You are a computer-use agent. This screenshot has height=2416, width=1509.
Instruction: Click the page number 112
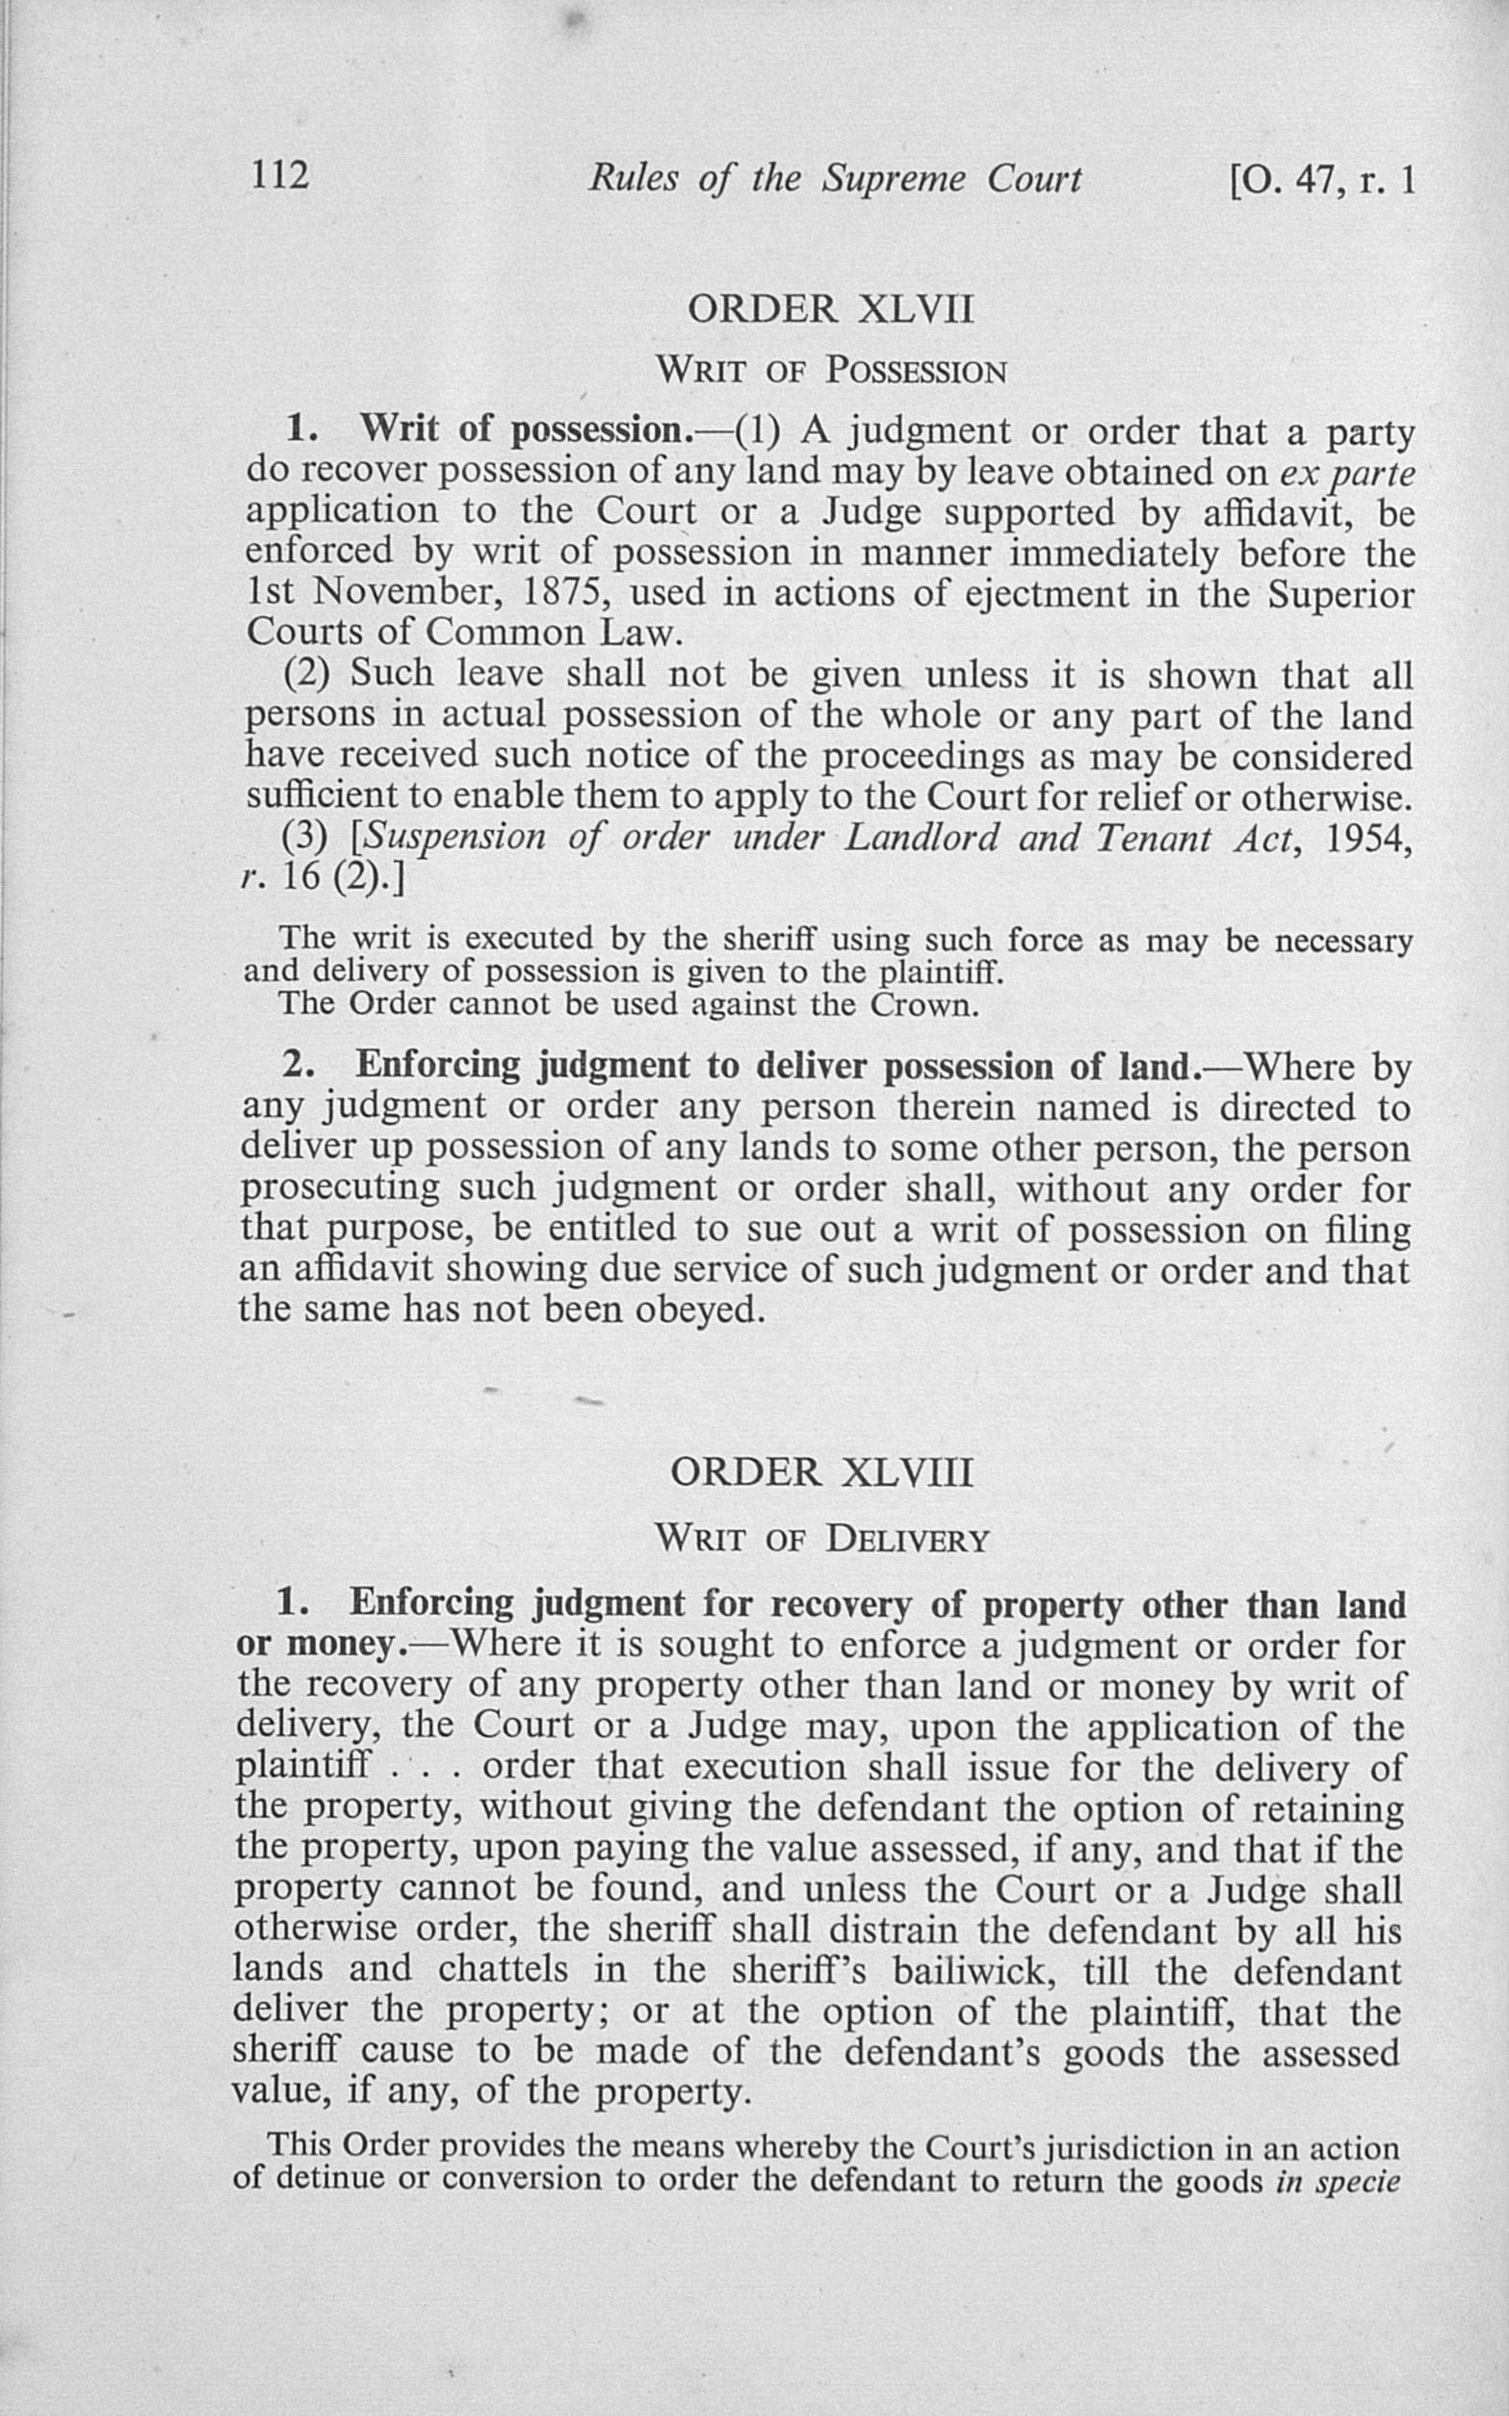(x=279, y=176)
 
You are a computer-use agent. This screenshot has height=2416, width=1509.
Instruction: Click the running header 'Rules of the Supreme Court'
(x=834, y=179)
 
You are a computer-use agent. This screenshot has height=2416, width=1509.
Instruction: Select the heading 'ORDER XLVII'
(x=829, y=309)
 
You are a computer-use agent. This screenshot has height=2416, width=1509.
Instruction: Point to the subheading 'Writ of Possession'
(x=830, y=373)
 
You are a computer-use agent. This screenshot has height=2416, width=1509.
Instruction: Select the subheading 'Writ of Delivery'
(x=821, y=1539)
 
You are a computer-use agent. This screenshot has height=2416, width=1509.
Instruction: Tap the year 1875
(x=559, y=594)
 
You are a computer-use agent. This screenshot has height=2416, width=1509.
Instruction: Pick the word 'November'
(x=411, y=594)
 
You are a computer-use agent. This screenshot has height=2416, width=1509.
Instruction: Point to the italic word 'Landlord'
(x=922, y=837)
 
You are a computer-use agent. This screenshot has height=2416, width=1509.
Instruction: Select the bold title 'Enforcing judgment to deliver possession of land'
(x=776, y=1066)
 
